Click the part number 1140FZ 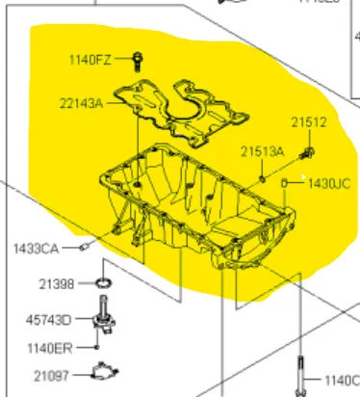[89, 60]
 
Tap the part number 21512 [310, 122]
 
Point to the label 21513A [262, 151]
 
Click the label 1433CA [36, 249]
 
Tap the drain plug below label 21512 [307, 152]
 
